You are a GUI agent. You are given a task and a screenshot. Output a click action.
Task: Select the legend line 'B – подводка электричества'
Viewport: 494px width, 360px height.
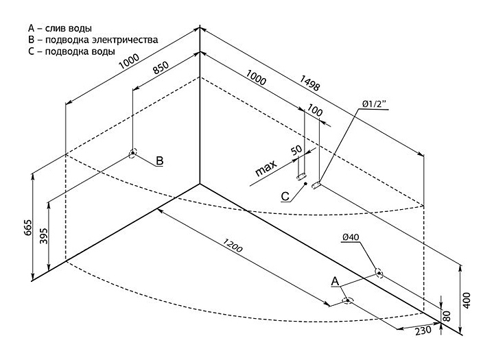coord(93,40)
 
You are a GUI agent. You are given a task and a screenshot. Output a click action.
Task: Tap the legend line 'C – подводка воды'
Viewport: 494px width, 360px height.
coord(71,52)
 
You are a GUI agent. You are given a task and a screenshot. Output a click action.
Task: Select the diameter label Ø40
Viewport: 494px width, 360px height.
coord(349,238)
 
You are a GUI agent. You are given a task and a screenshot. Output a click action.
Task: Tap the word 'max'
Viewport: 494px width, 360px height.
coord(266,169)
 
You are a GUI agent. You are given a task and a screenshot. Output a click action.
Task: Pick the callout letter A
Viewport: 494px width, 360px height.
coord(335,281)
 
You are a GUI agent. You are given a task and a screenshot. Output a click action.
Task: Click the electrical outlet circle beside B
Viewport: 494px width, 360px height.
coord(132,154)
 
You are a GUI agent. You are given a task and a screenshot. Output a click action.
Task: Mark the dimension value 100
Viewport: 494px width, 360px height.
coord(316,110)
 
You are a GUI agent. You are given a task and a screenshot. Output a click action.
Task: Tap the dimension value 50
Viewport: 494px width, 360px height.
coord(296,149)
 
